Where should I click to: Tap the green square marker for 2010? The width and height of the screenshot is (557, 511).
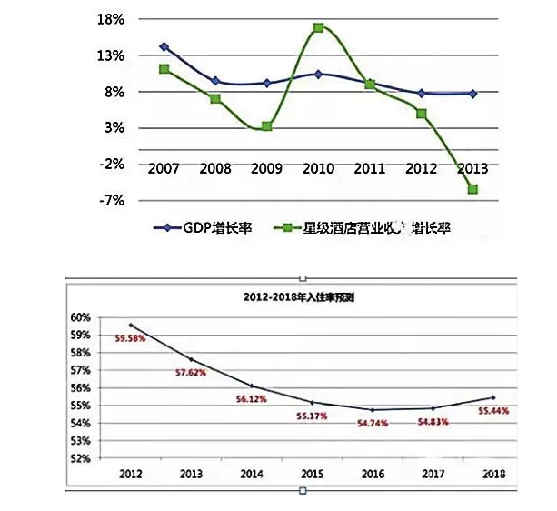tap(319, 28)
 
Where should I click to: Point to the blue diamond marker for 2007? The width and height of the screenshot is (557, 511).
tap(164, 46)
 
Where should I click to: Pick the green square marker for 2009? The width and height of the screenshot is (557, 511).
tap(266, 126)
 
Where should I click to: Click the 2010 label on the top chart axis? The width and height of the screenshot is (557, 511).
tap(318, 168)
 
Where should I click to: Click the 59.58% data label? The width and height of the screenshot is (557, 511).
tap(129, 338)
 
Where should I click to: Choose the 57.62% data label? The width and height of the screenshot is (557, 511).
tap(191, 373)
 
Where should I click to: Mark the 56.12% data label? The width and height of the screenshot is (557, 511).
tap(250, 397)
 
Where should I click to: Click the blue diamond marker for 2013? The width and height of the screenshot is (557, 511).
tap(473, 93)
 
